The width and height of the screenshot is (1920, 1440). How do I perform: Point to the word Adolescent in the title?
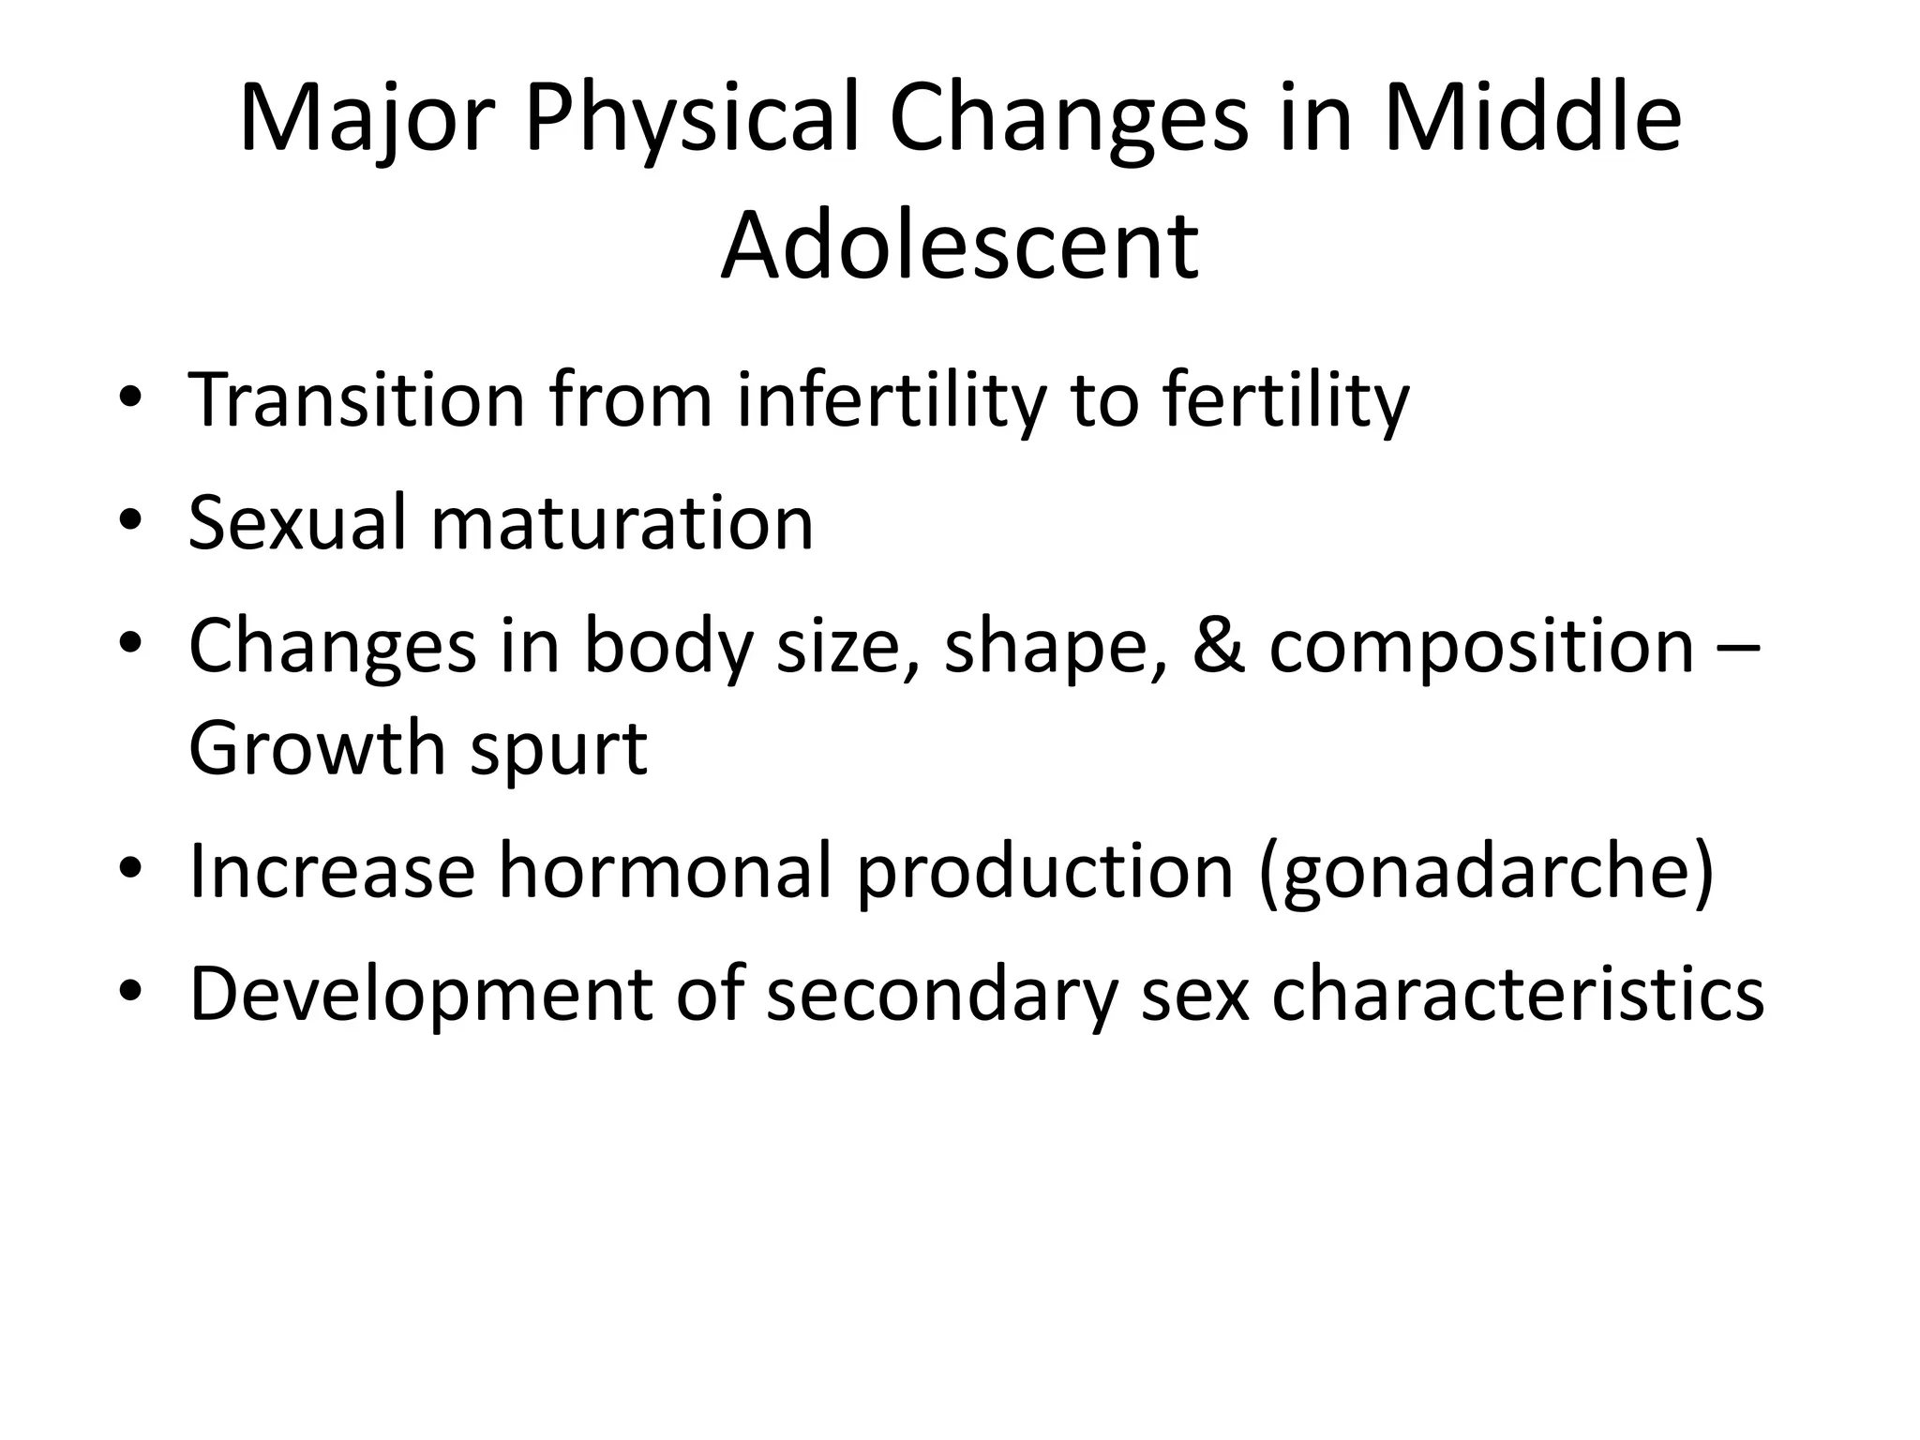959,247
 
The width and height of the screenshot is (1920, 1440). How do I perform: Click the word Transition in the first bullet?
356,400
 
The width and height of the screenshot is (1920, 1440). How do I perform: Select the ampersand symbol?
1219,646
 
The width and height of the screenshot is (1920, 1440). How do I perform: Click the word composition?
1481,646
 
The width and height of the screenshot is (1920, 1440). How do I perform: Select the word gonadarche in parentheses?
1485,873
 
